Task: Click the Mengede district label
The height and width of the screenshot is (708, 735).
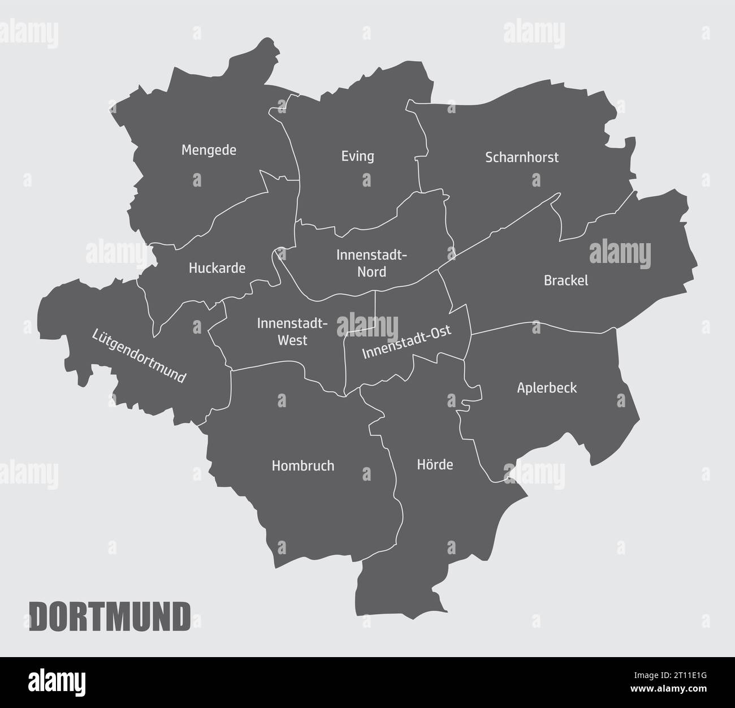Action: (x=209, y=150)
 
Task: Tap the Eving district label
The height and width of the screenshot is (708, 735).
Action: (x=357, y=156)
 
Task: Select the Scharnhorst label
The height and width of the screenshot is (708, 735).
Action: (x=521, y=157)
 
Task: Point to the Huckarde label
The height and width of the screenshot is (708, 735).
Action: (x=217, y=267)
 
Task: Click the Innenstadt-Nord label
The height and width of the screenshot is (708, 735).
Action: (x=371, y=263)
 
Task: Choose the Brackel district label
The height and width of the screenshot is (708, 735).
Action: (x=565, y=280)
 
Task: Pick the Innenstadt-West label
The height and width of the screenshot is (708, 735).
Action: (x=292, y=331)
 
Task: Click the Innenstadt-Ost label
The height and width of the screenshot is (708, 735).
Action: (x=407, y=342)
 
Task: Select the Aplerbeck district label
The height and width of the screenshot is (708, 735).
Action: (x=547, y=388)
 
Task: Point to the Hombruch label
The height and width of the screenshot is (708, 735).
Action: (x=302, y=465)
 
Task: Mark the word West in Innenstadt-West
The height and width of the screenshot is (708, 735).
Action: (x=292, y=340)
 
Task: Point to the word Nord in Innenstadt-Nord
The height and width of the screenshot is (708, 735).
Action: (x=371, y=271)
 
